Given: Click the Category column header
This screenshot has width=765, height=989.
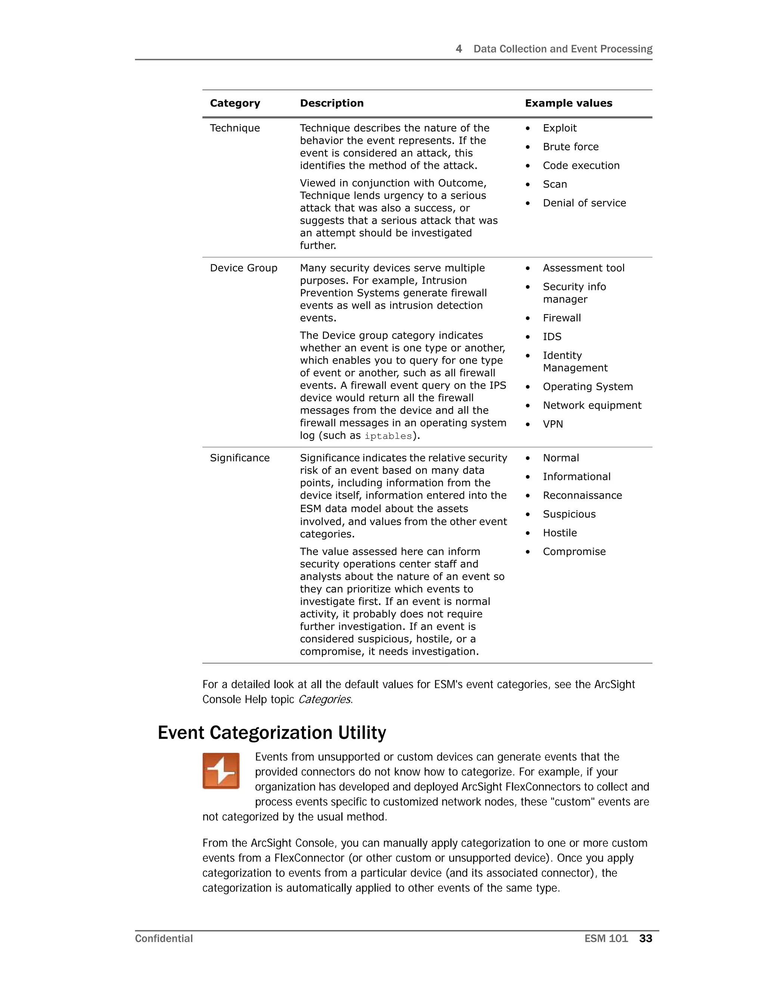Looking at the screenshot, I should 235,103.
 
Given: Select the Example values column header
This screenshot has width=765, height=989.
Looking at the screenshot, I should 568,103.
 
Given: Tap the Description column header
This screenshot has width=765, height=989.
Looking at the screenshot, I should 332,103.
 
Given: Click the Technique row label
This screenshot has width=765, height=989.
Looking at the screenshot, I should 235,128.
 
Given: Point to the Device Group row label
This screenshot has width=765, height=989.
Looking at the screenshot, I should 244,268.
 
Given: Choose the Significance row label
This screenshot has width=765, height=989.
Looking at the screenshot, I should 240,458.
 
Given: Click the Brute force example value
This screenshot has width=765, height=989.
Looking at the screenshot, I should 571,147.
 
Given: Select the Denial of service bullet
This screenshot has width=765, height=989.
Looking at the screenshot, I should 584,203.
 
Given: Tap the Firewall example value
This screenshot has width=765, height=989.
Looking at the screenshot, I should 561,318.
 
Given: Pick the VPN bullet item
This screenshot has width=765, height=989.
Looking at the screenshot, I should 553,424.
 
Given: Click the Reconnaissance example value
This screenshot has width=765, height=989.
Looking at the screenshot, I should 582,495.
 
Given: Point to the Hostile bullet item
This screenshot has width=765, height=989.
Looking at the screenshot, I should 560,533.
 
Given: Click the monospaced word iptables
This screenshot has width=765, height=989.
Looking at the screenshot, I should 388,436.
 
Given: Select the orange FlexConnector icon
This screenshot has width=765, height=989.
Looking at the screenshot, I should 221,771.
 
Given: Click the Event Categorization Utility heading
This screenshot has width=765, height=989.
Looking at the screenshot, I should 272,732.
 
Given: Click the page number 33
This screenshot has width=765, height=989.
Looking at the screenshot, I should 645,939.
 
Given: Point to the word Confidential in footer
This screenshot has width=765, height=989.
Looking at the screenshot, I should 164,939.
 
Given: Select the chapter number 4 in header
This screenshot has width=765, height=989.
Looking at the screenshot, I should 459,49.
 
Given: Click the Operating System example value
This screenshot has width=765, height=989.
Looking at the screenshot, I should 588,387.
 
